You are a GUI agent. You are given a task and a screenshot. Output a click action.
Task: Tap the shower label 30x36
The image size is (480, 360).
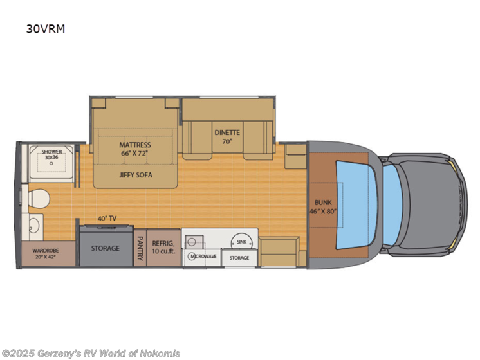[x=51, y=155]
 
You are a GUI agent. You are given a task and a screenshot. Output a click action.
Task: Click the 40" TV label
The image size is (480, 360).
[x=106, y=219]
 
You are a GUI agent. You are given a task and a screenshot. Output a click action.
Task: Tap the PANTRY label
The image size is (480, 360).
[x=140, y=248]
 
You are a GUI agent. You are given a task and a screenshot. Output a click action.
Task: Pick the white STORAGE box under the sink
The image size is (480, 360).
[x=239, y=257]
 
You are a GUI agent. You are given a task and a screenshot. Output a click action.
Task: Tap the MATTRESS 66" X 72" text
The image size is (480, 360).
[x=134, y=148]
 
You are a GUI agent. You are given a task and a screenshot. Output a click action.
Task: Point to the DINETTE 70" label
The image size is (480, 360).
[x=227, y=136]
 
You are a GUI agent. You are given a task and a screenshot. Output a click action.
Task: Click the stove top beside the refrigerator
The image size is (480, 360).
[x=194, y=241]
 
